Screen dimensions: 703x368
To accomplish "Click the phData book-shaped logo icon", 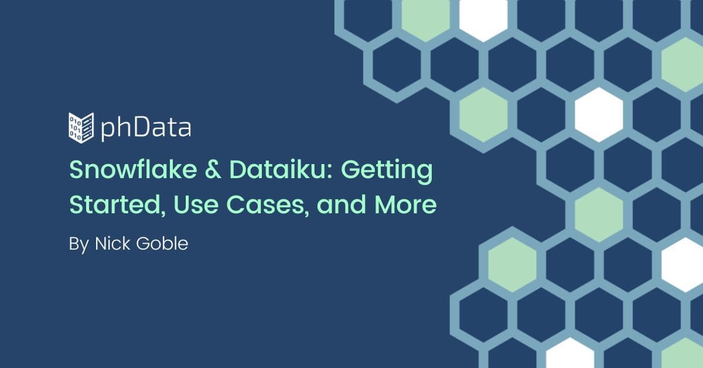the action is pyautogui.click(x=81, y=128).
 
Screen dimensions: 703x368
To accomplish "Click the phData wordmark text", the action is pyautogui.click(x=146, y=128).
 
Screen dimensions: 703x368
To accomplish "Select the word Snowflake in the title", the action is pyautogui.click(x=133, y=169).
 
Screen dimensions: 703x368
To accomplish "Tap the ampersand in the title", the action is pyautogui.click(x=213, y=170).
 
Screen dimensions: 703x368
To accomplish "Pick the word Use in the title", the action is pyautogui.click(x=196, y=205).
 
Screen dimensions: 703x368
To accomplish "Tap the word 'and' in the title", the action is pyautogui.click(x=342, y=205).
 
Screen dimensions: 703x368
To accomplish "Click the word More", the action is pyautogui.click(x=405, y=205).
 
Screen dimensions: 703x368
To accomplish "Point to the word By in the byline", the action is pyautogui.click(x=79, y=245).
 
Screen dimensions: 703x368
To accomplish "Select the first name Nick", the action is pyautogui.click(x=112, y=243).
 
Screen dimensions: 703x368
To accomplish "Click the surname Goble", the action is pyautogui.click(x=162, y=243).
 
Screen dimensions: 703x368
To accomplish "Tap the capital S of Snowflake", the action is pyautogui.click(x=77, y=170).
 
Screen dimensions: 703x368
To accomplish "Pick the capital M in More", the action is pyautogui.click(x=384, y=205).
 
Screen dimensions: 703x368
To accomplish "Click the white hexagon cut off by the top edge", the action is pyautogui.click(x=483, y=17).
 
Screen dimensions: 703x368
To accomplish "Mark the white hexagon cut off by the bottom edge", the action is pyautogui.click(x=570, y=354).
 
